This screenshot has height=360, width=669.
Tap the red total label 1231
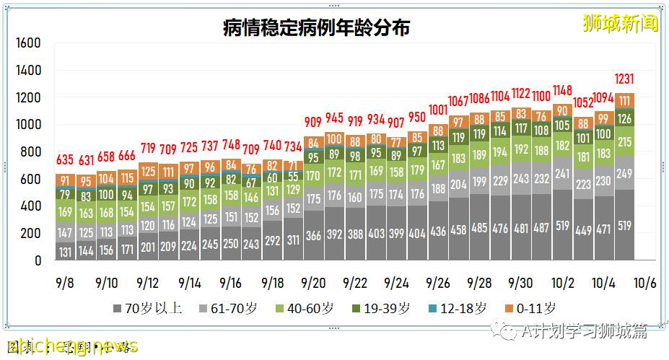click(x=624, y=79)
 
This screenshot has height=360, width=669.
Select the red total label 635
click(x=66, y=159)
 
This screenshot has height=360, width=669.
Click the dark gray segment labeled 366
click(x=314, y=235)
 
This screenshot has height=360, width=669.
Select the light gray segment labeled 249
click(x=624, y=173)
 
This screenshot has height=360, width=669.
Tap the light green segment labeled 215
click(x=624, y=142)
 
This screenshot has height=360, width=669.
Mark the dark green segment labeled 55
click(x=293, y=176)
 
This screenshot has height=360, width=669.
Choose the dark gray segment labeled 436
click(x=438, y=231)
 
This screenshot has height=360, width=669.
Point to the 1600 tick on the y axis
click(x=28, y=43)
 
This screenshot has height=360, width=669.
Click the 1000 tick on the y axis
click(x=28, y=125)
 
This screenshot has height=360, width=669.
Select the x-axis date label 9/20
click(x=313, y=281)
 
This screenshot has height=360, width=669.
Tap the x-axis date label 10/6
click(x=644, y=281)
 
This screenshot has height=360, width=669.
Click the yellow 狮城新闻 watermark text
click(x=620, y=23)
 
